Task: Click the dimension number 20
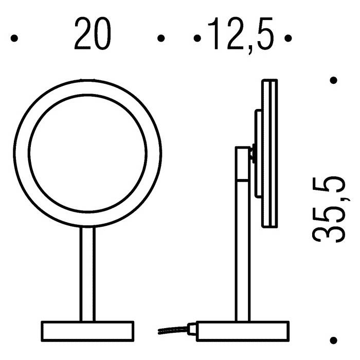pos(93,33)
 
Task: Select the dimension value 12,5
pos(241,35)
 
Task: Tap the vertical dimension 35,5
pos(329,209)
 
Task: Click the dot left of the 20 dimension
pos(14,38)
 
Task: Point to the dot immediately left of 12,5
pos(197,38)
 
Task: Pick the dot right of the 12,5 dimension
pos(288,38)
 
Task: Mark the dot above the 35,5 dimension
pos(333,80)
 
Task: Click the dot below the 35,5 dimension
pos(333,340)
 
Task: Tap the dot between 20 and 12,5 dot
pos(161,38)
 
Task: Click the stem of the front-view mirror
pos(87,274)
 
